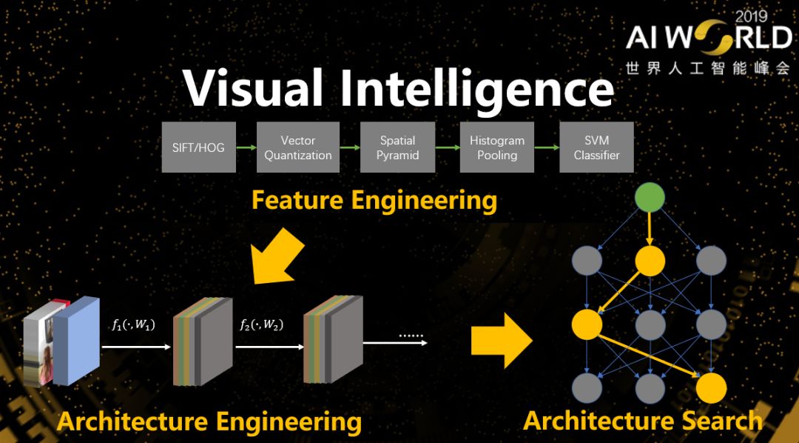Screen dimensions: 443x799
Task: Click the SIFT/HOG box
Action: pos(198,147)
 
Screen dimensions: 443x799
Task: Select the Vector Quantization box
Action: pos(298,147)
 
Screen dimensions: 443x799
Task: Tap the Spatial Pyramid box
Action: pos(397,147)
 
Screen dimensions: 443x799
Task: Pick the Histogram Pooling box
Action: pos(497,147)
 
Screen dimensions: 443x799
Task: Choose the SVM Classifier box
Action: pos(596,147)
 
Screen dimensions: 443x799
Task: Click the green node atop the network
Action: pos(649,196)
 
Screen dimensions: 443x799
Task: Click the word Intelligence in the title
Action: pos(476,90)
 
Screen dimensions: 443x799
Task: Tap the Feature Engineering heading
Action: pos(374,200)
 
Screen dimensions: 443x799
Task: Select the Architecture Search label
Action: pos(642,421)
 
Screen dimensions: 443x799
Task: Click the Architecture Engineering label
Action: pos(209,422)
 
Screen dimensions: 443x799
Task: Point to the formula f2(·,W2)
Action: pos(261,324)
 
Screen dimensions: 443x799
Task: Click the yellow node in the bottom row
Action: pos(711,388)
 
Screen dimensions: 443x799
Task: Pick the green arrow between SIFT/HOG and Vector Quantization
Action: pos(246,147)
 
